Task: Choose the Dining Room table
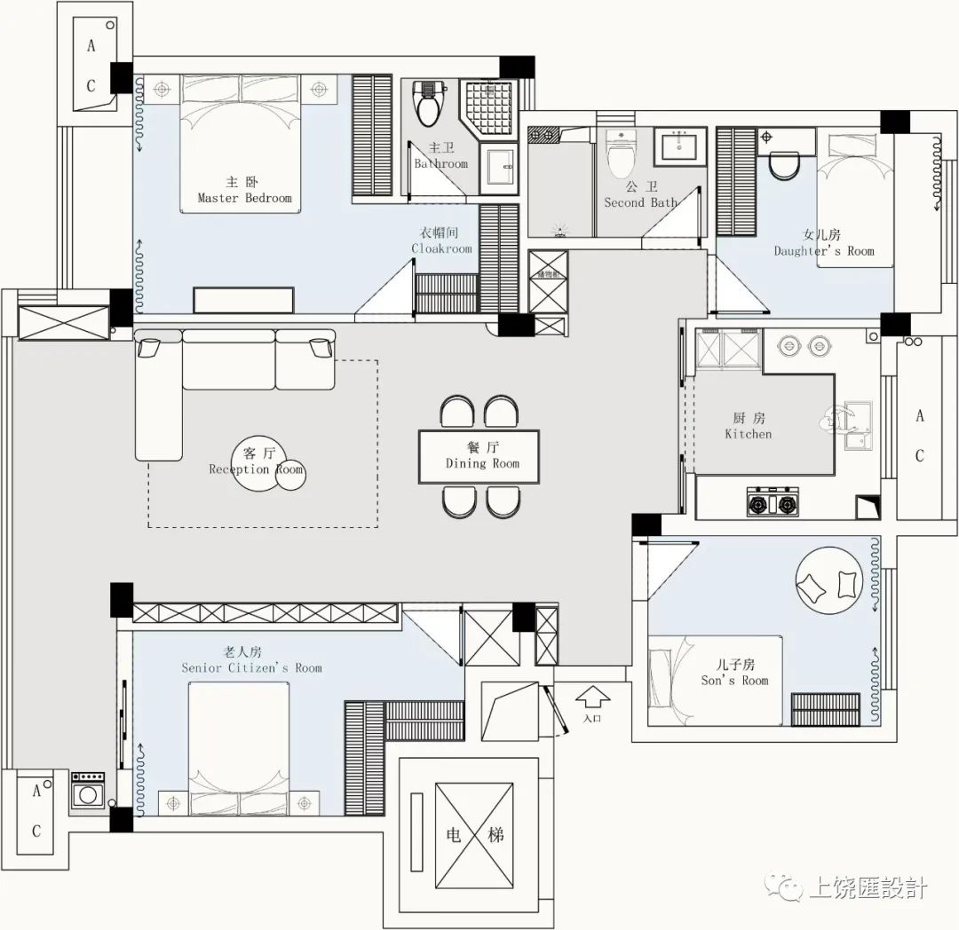tap(480, 456)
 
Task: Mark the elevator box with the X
tap(473, 834)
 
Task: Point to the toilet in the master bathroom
tap(429, 106)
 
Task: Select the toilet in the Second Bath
tap(619, 154)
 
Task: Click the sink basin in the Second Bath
tap(681, 146)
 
